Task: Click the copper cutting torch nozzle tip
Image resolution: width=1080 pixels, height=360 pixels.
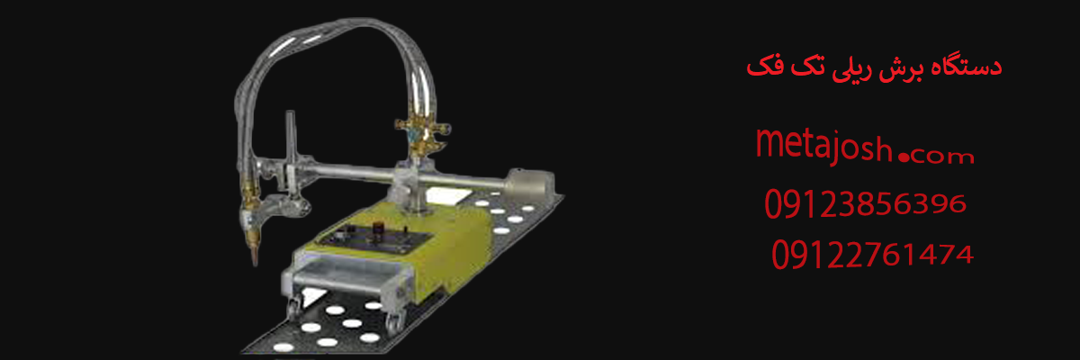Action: click(x=255, y=255)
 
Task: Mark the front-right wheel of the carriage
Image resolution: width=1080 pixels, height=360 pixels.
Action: click(x=394, y=321)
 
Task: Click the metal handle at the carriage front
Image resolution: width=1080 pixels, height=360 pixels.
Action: click(x=346, y=279)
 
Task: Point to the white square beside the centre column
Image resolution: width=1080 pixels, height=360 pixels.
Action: click(x=448, y=195)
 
